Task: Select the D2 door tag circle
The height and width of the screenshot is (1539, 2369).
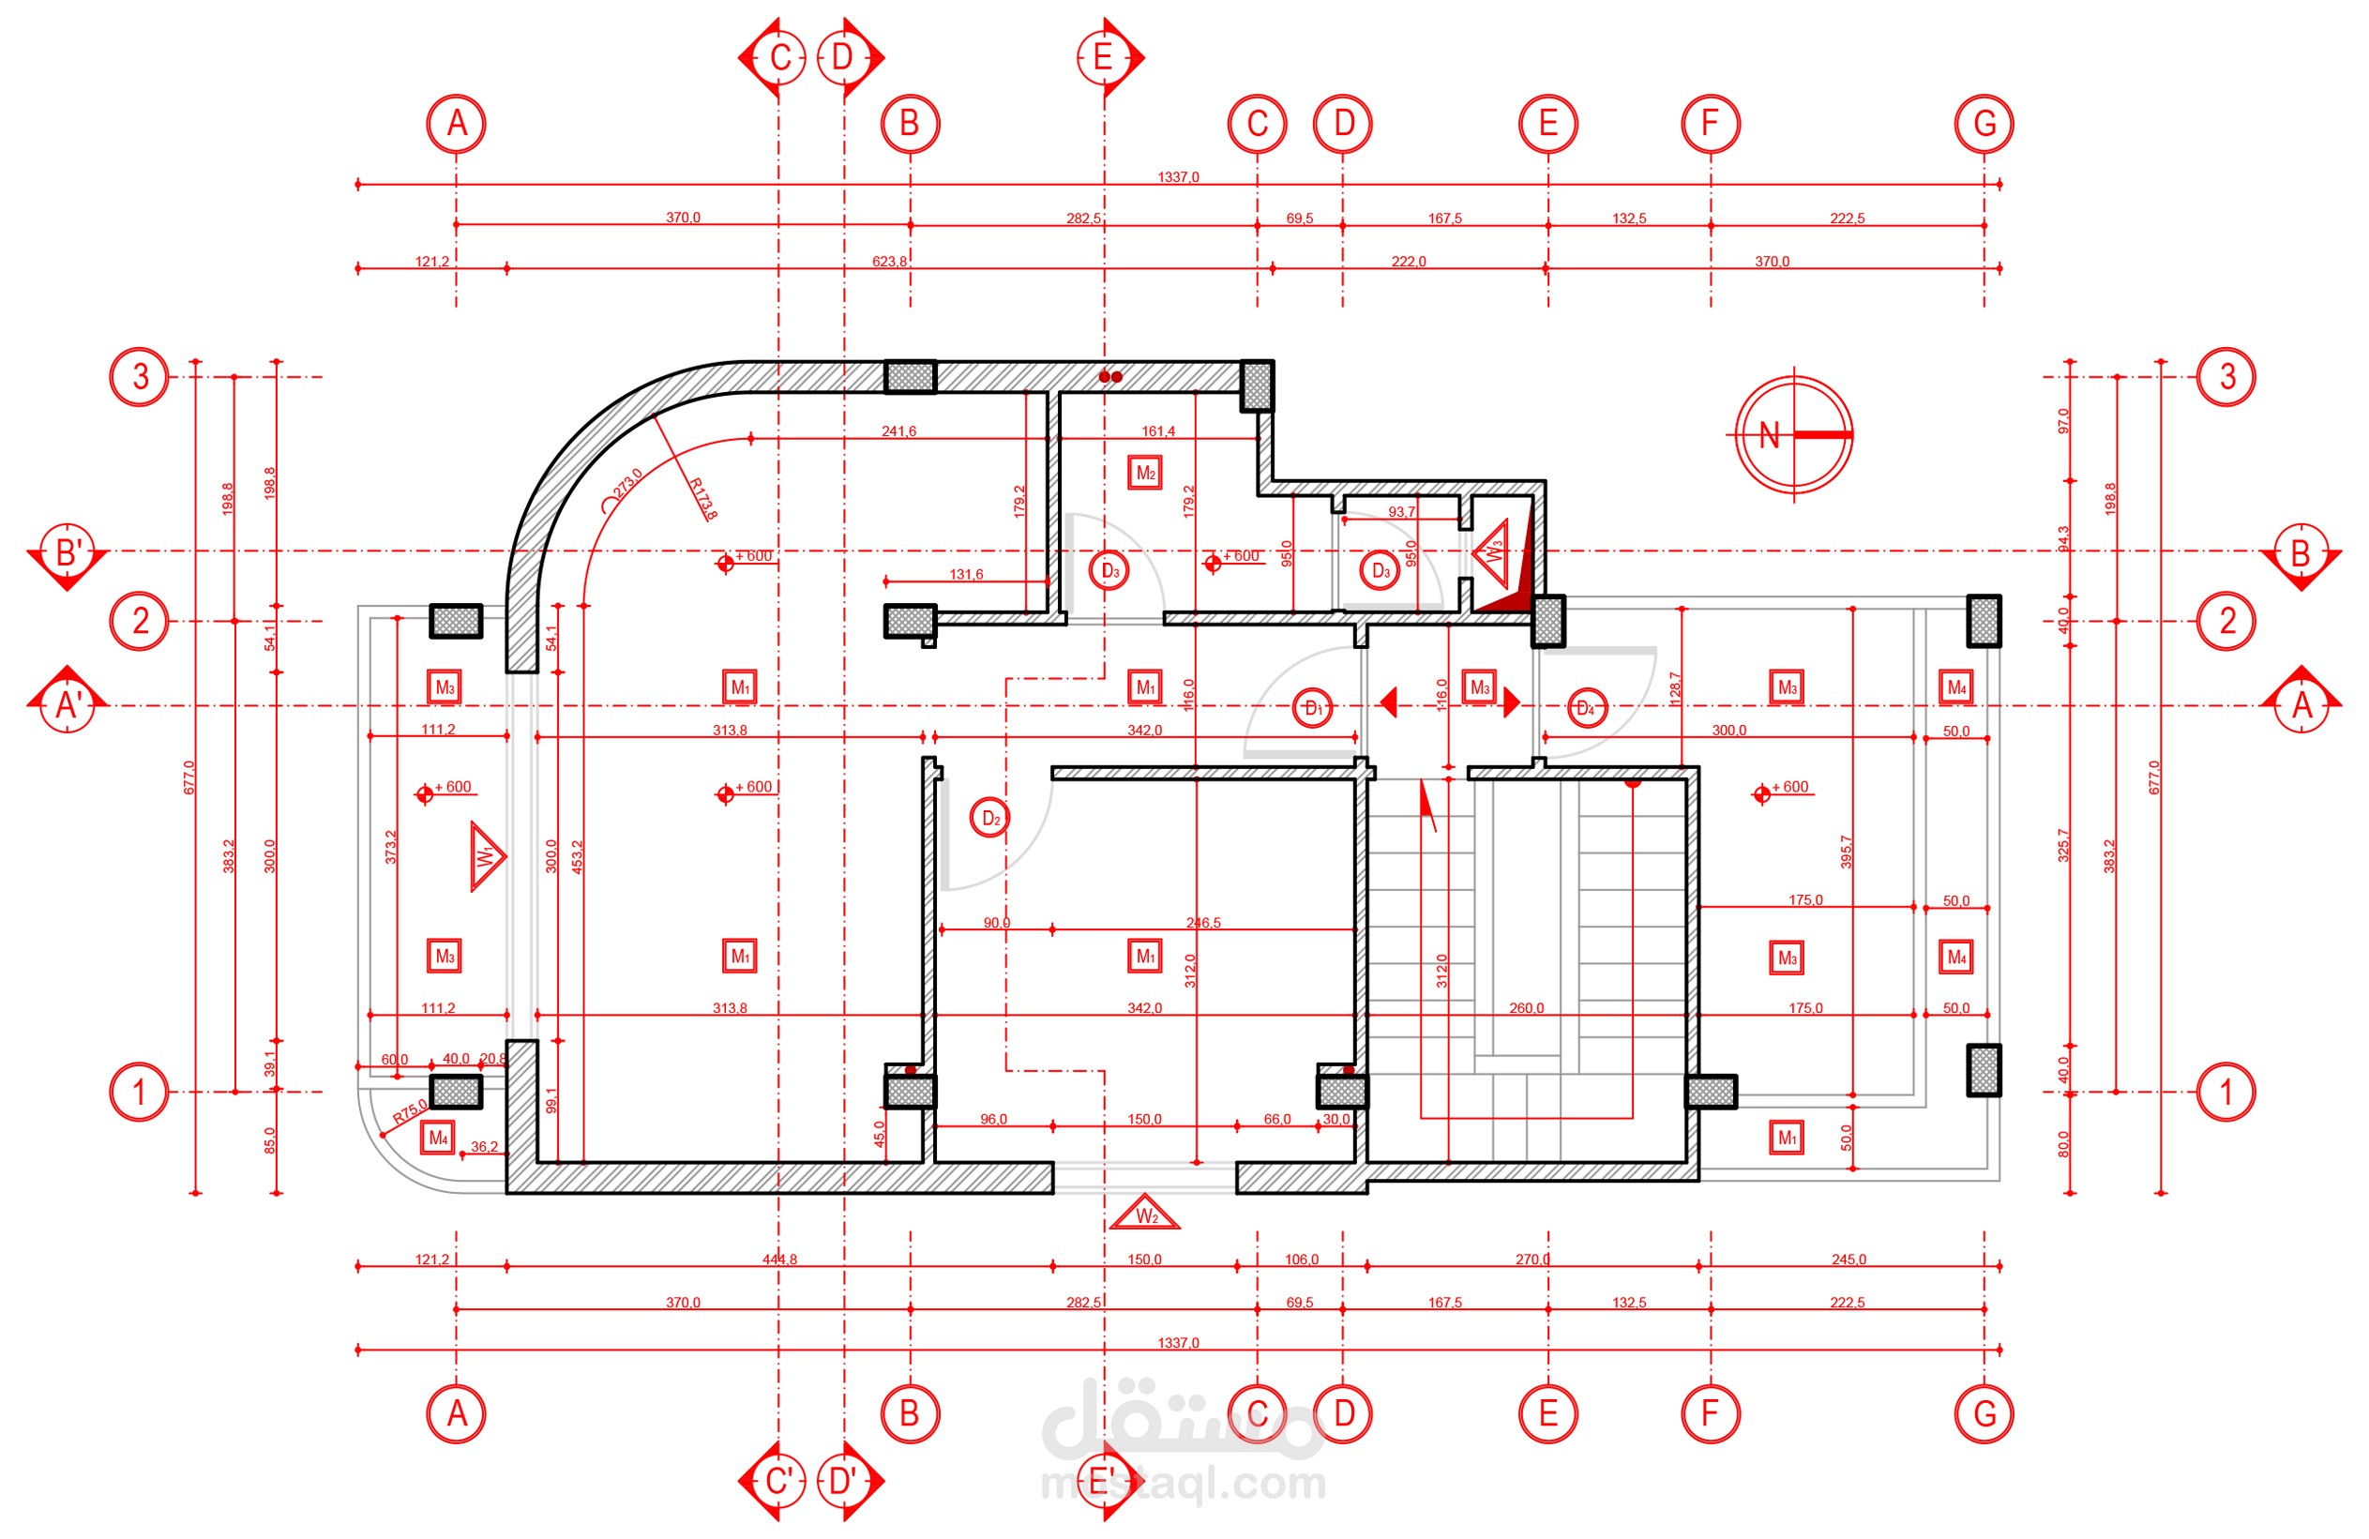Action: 989,819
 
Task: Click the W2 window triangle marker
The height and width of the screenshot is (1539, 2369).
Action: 1146,1215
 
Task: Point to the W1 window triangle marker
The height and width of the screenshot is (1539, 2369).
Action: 487,856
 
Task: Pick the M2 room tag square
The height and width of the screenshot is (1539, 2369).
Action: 1146,473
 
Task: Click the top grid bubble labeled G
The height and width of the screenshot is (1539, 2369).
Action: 1984,125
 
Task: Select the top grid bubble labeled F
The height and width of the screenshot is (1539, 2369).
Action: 1710,125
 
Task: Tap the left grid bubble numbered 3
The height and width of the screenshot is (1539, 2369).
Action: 140,377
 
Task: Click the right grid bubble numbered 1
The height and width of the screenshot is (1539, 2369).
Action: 2226,1092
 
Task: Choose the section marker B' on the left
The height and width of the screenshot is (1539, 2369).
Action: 67,553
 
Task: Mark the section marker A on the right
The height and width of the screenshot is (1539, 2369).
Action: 2301,703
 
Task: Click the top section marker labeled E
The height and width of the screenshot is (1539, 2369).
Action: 1104,58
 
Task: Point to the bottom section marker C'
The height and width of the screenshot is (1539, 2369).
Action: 778,1481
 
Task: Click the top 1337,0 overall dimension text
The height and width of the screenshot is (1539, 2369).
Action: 1179,177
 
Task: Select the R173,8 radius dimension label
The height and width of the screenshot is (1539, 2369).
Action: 702,499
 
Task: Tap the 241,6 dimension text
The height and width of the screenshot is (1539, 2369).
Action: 898,431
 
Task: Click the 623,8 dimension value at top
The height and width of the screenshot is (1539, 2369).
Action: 889,262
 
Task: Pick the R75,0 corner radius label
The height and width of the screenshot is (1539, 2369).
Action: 409,1111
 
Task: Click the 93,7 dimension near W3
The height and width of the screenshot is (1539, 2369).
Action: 1401,512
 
